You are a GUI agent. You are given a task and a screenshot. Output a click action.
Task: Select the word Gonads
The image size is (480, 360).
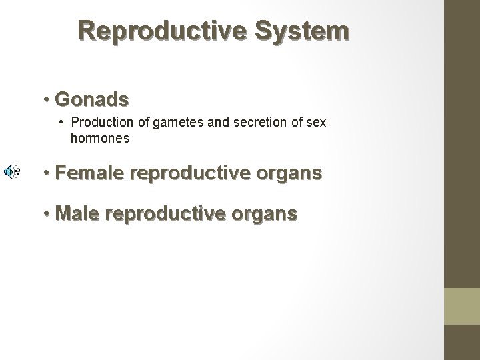click(x=92, y=99)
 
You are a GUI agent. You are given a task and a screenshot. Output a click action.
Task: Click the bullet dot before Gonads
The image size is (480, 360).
click(x=47, y=100)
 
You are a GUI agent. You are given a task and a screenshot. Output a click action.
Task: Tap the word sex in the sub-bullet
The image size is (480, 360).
click(x=317, y=123)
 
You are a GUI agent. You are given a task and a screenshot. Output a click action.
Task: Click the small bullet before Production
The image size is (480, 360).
click(x=61, y=123)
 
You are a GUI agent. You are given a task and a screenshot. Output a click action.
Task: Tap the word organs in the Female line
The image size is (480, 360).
click(x=290, y=175)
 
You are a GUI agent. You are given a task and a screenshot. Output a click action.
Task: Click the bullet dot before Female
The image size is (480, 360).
click(x=47, y=174)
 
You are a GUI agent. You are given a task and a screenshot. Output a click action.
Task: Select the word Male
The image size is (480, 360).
click(x=79, y=214)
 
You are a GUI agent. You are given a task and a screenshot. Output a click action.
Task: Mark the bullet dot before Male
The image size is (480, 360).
click(x=47, y=215)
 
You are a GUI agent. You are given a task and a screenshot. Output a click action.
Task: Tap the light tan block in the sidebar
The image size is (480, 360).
click(x=462, y=307)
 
